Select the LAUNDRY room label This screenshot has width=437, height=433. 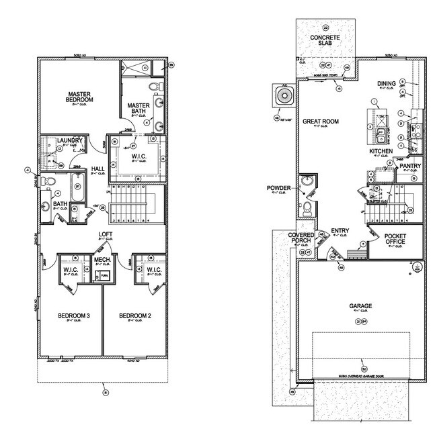[69, 140]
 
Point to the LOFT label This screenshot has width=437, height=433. [105, 234]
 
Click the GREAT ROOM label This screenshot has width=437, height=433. [320, 122]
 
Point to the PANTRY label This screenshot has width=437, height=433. [409, 165]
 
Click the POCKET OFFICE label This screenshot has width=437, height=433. [395, 238]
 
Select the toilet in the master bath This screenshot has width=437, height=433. [153, 87]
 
